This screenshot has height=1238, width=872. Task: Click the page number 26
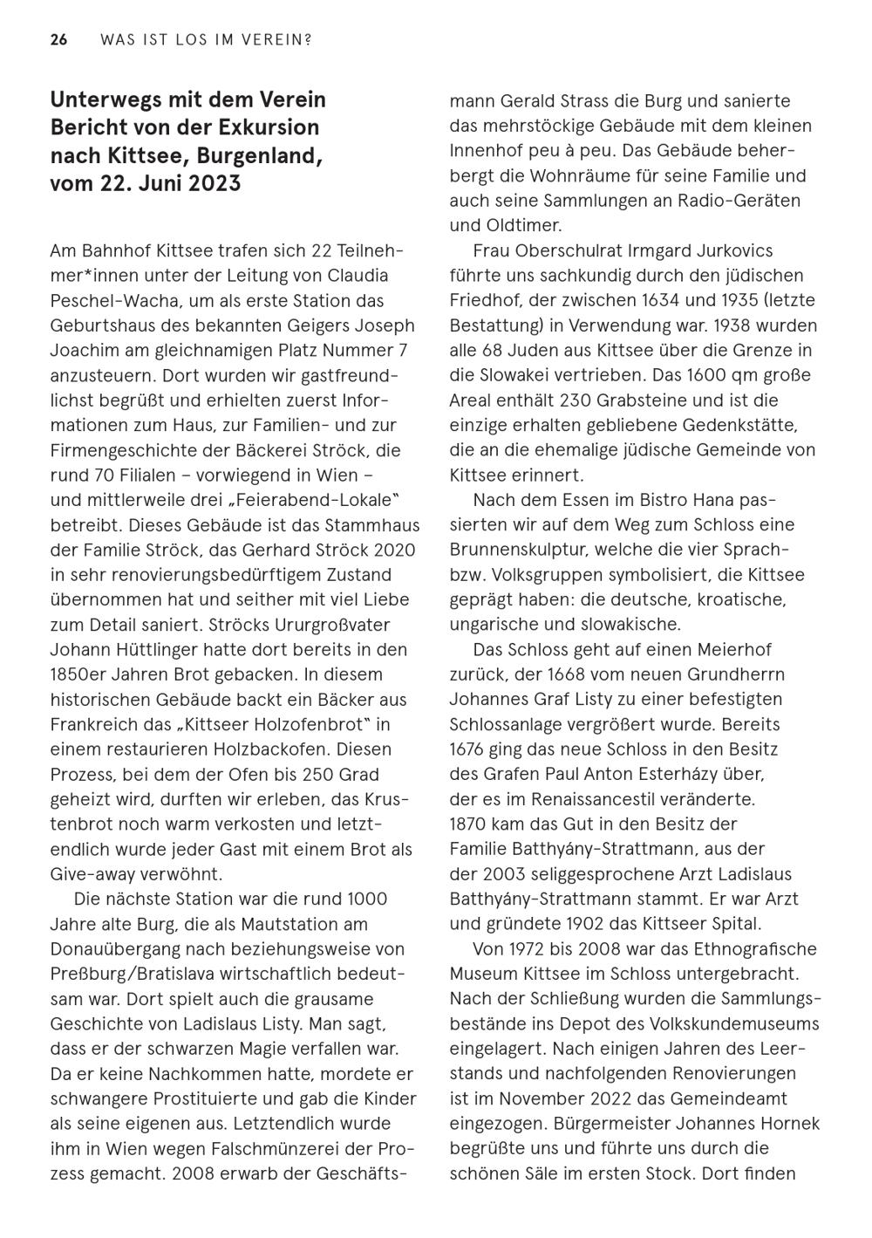(x=58, y=40)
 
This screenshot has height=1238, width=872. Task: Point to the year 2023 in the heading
(x=214, y=185)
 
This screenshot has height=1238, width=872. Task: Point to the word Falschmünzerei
(x=283, y=1148)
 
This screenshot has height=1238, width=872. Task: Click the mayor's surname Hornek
(x=789, y=1124)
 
